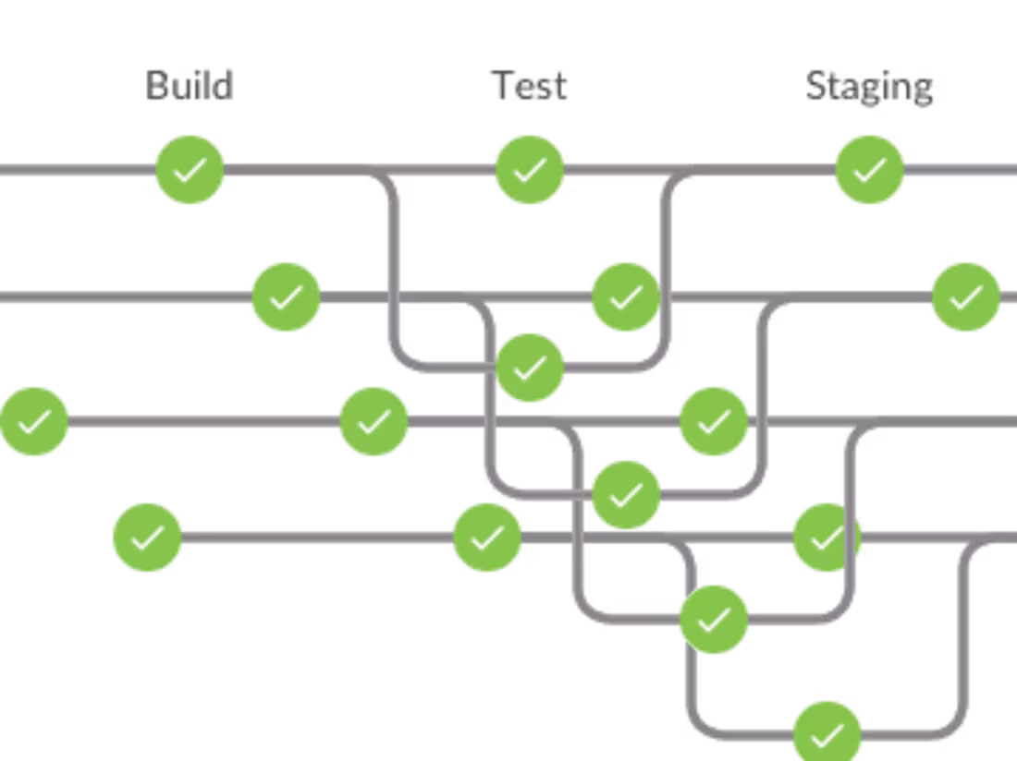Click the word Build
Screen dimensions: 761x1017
pyautogui.click(x=190, y=86)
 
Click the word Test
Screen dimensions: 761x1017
pyautogui.click(x=529, y=86)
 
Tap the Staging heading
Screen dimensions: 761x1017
pyautogui.click(x=869, y=87)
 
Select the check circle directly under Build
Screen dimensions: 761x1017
pyautogui.click(x=190, y=169)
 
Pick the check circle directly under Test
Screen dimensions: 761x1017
pyautogui.click(x=530, y=169)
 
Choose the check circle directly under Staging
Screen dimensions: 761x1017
pyautogui.click(x=869, y=169)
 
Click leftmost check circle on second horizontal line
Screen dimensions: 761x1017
pyautogui.click(x=286, y=296)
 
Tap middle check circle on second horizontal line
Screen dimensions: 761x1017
pyautogui.click(x=626, y=296)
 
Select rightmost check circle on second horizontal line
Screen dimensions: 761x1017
pyautogui.click(x=965, y=296)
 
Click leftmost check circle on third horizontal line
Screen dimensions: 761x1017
pyautogui.click(x=34, y=421)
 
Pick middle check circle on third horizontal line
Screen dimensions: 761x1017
pyautogui.click(x=374, y=421)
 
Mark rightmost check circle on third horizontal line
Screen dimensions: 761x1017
pyautogui.click(x=714, y=421)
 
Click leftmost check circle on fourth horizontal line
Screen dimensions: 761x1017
pyautogui.click(x=147, y=537)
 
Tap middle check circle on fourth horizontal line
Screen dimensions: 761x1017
pyautogui.click(x=487, y=537)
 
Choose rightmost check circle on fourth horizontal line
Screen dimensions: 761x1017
pyautogui.click(x=827, y=537)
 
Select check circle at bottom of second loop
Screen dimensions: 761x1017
pyautogui.click(x=626, y=494)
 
